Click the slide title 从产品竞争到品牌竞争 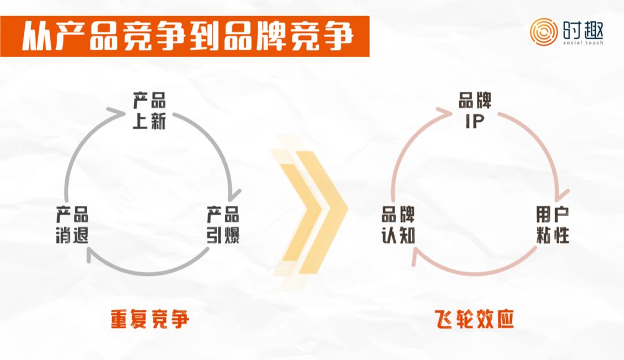(187, 37)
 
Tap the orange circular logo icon (544, 32)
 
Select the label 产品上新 (149, 112)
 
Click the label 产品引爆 (223, 226)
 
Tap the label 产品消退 (73, 226)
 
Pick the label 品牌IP (475, 112)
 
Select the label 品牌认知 (398, 226)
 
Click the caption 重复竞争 (150, 319)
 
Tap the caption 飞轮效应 (474, 319)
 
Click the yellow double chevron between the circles (309, 211)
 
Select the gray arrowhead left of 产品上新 (122, 109)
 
